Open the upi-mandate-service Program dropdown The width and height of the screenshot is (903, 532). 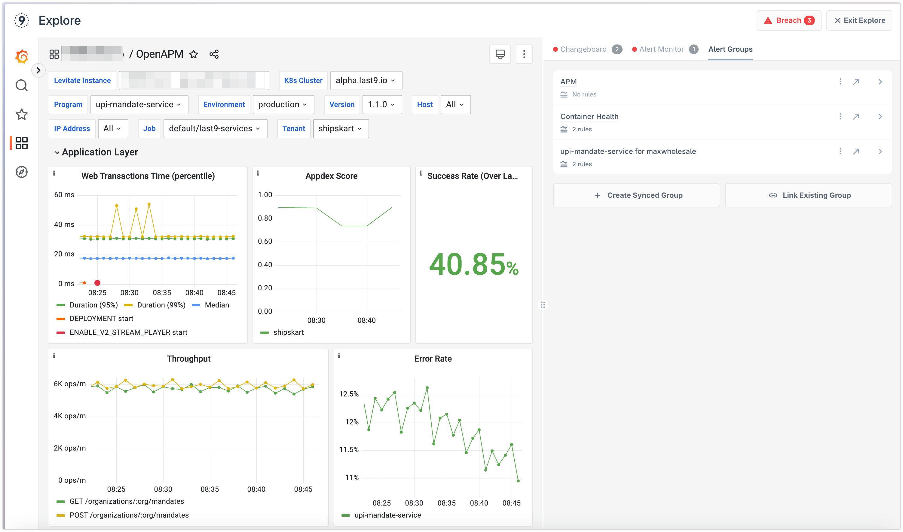tap(139, 104)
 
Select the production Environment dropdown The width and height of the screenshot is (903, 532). tap(283, 104)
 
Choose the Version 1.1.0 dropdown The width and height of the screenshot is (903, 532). tap(382, 104)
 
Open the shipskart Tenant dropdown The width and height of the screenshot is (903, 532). tap(341, 128)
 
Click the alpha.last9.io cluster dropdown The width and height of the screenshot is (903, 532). tap(366, 80)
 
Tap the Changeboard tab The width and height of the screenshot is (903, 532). tap(583, 49)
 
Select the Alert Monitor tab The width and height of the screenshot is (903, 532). tap(661, 49)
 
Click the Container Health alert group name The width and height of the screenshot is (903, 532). tap(589, 117)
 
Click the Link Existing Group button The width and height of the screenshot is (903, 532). tap(808, 195)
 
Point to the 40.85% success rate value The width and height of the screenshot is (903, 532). tap(473, 264)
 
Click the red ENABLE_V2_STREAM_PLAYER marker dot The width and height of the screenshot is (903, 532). tap(97, 283)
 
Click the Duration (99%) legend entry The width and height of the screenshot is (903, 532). tap(161, 305)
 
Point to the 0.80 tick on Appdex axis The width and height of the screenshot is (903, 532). tap(265, 218)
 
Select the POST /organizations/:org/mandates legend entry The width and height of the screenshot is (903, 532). tap(129, 515)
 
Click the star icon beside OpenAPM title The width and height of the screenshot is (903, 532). tap(194, 54)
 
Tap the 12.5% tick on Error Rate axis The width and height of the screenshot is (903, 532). tap(349, 394)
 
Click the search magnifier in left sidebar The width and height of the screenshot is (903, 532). tap(22, 85)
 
